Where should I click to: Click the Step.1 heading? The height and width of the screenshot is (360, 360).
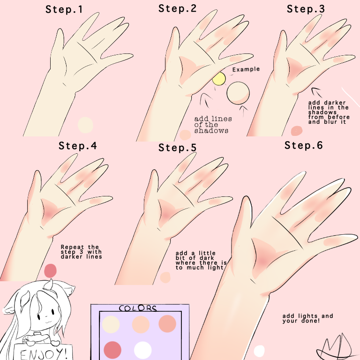[x=64, y=10]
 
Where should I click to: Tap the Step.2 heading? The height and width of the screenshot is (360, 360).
[x=178, y=9]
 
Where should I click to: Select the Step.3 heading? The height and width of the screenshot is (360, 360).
[x=306, y=9]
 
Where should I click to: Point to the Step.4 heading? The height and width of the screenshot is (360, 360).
[x=78, y=146]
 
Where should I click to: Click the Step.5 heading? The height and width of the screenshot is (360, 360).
[x=178, y=148]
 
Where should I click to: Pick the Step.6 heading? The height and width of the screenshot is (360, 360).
[x=304, y=145]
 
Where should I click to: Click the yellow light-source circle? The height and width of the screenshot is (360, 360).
[x=219, y=79]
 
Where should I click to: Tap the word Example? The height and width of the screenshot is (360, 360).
[x=246, y=69]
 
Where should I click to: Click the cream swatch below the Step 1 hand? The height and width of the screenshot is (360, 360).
[x=85, y=125]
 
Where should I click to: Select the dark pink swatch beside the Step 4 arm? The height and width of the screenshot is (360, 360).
[x=50, y=270]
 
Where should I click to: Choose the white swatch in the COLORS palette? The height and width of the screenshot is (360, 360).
[x=142, y=350]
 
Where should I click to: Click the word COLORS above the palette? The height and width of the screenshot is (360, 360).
[x=138, y=308]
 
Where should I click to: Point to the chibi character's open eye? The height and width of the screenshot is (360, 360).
[x=53, y=312]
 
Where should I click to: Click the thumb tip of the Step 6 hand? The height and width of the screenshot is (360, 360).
[x=246, y=197]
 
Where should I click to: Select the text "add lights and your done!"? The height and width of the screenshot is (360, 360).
[x=307, y=318]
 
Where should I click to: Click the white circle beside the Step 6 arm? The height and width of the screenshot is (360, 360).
[x=259, y=351]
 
